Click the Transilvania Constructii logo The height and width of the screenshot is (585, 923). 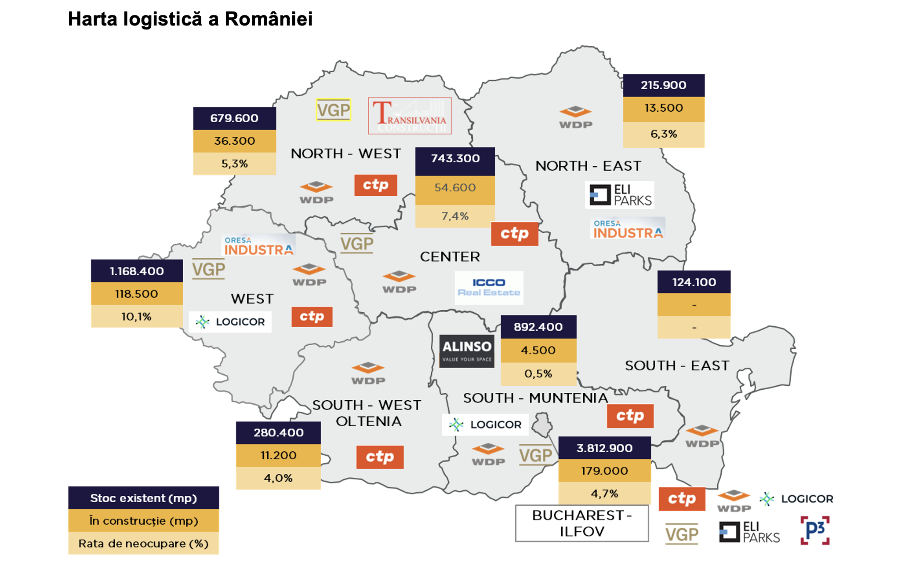tap(410, 116)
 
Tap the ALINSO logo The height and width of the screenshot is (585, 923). tap(467, 351)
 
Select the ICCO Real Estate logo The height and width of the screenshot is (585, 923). tap(489, 287)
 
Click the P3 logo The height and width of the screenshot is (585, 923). tap(815, 530)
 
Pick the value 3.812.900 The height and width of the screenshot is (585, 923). tap(604, 448)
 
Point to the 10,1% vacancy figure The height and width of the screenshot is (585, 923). tap(136, 316)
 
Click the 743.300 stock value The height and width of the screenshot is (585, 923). tap(455, 158)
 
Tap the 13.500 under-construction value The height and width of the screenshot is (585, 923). tap(663, 108)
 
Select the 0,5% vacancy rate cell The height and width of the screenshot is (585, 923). tap(538, 373)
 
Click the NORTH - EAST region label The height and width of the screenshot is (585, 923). tap(588, 166)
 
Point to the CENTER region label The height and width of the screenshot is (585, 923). tap(450, 256)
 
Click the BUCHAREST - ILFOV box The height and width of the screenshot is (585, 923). tap(581, 523)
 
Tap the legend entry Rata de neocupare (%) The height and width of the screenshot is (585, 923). tap(143, 543)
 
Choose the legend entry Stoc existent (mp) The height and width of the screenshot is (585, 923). tap(143, 498)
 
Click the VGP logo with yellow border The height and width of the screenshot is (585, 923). tap(333, 110)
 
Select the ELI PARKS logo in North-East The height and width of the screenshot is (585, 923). tap(620, 195)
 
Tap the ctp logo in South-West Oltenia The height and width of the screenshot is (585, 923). tap(380, 457)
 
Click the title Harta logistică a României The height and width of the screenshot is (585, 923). tap(190, 19)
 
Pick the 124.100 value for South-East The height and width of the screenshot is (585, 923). tap(694, 282)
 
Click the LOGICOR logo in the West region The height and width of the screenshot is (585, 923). tap(230, 322)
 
